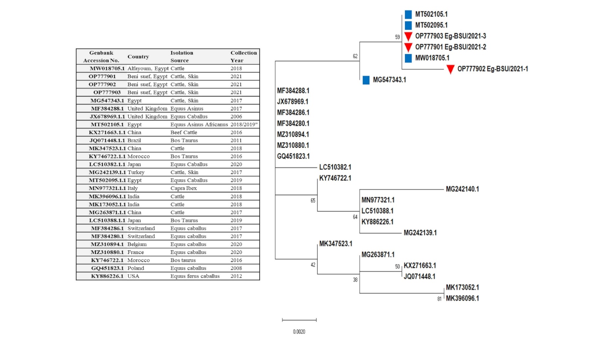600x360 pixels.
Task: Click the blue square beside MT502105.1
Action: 408,15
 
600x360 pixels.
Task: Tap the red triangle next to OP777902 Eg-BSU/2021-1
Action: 450,69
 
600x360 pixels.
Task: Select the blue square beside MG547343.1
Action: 366,80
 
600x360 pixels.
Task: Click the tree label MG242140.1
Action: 462,189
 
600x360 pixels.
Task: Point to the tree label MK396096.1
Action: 462,298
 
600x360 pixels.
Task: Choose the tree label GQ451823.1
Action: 293,157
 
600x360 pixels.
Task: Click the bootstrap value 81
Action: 439,299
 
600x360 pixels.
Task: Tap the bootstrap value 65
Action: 313,201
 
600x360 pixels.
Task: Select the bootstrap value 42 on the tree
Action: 313,265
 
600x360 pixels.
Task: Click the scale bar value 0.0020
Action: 299,332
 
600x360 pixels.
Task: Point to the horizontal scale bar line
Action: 299,320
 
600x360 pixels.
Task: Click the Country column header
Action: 138,57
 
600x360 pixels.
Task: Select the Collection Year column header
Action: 243,57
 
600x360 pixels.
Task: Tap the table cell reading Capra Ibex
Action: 183,188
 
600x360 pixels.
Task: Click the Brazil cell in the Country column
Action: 134,140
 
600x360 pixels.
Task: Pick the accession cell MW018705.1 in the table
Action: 107,68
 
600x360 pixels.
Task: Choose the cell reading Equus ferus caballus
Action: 195,276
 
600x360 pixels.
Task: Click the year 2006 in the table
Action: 236,117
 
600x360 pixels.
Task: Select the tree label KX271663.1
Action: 420,266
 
